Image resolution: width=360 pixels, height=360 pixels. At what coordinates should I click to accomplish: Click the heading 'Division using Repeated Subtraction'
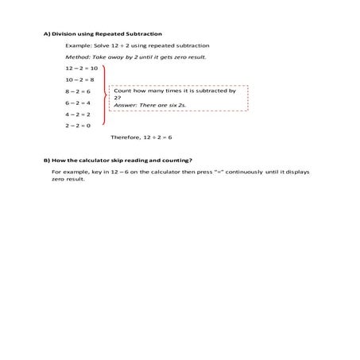click(x=108, y=34)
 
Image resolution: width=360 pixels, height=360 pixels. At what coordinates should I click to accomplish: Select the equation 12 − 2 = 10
click(x=81, y=68)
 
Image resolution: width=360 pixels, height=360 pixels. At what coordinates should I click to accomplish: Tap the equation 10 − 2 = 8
click(x=80, y=79)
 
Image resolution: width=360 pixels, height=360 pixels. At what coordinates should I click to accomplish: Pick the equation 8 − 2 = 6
click(x=79, y=91)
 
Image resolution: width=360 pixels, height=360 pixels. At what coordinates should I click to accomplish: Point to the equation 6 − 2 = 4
click(x=79, y=103)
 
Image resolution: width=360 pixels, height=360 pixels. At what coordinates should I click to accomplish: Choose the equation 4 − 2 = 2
click(x=79, y=114)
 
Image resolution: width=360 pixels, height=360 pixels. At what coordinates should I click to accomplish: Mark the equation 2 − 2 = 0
click(x=79, y=125)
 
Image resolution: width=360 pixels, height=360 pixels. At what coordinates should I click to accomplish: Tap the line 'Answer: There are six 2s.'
click(x=148, y=105)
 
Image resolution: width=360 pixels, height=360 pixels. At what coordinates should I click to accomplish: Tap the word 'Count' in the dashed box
click(x=122, y=91)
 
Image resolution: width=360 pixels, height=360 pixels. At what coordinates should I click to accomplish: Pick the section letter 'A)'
click(x=47, y=34)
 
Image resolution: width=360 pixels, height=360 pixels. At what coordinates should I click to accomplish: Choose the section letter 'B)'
click(x=47, y=160)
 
